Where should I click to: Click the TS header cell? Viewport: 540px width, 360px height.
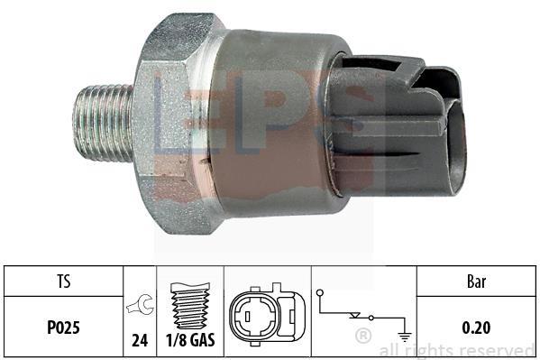pyautogui.click(x=64, y=281)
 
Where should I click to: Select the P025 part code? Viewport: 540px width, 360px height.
pyautogui.click(x=63, y=328)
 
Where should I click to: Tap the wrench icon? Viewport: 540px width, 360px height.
pyautogui.click(x=140, y=304)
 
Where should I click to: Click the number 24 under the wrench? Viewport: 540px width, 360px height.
pyautogui.click(x=140, y=341)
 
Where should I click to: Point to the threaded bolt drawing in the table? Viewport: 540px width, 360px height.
pyautogui.click(x=190, y=306)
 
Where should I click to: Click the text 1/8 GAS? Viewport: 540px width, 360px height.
pyautogui.click(x=190, y=340)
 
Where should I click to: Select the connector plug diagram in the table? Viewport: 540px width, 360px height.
pyautogui.click(x=267, y=315)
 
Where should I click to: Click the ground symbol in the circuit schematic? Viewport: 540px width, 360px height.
pyautogui.click(x=404, y=335)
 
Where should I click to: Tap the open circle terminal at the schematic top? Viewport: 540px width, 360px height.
pyautogui.click(x=320, y=292)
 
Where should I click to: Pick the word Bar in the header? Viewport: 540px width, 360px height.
pyautogui.click(x=477, y=282)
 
